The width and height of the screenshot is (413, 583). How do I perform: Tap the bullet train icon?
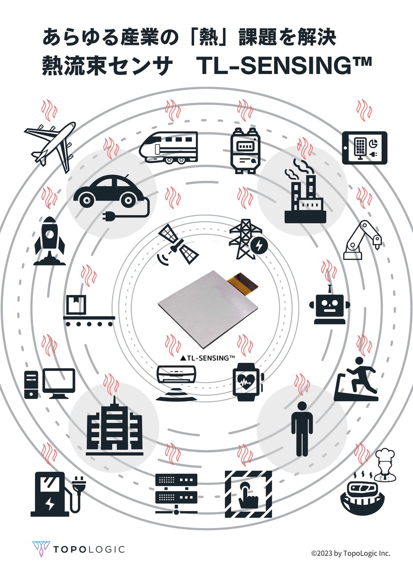168,147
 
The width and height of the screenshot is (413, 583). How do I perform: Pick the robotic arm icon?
363,240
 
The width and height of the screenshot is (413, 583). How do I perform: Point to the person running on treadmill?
356,379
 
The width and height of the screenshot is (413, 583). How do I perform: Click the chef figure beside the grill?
384,464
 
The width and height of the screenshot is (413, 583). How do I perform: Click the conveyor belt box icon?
88,311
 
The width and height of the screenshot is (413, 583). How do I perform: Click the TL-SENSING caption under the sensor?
207,358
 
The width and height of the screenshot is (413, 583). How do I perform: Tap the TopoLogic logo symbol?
41,549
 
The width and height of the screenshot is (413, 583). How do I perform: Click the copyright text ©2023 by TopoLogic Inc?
350,553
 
